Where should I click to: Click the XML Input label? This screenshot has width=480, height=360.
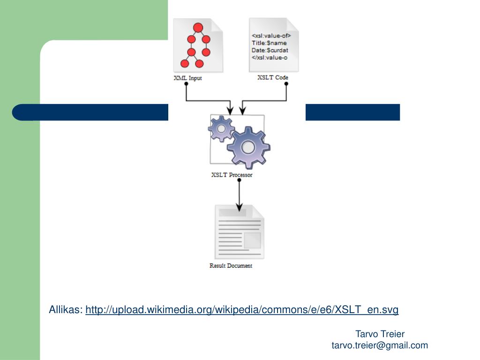tap(187, 78)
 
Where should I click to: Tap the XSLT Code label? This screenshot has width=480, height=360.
tap(272, 77)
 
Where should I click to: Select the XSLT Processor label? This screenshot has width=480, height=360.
tap(232, 175)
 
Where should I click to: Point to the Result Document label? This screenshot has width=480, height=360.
tap(231, 266)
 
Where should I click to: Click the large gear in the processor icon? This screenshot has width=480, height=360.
tap(248, 147)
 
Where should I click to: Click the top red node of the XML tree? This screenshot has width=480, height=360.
tap(198, 27)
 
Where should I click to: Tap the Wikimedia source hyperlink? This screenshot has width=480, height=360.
tap(242, 310)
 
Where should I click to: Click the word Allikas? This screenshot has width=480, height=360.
tap(66, 310)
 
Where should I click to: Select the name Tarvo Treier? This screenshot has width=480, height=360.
tap(380, 334)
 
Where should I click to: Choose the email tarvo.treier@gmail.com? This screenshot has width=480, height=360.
tap(380, 345)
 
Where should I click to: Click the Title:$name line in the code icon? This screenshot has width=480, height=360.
tap(269, 43)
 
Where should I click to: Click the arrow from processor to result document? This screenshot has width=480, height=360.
tap(240, 195)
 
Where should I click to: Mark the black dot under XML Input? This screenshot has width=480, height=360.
tap(186, 84)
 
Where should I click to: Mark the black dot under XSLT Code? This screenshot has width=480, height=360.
tap(286, 84)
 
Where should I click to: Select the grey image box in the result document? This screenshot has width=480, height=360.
tap(252, 240)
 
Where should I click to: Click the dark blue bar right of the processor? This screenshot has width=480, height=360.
tap(352, 112)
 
